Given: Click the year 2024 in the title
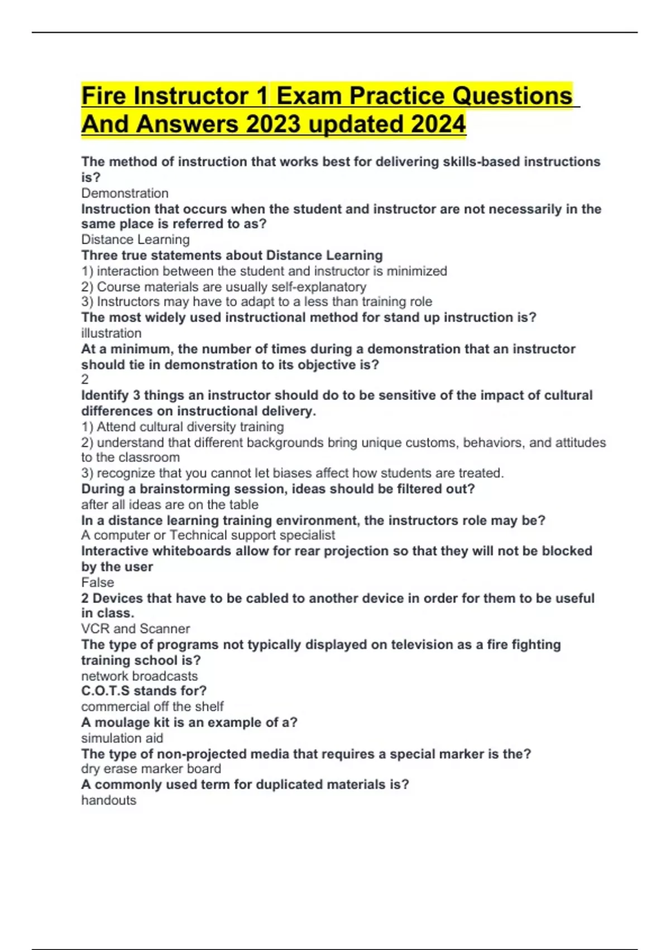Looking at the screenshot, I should tap(438, 124).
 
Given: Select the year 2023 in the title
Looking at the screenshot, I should tap(274, 124).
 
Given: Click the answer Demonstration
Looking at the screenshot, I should tap(125, 193).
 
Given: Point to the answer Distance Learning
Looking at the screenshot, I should tap(135, 240).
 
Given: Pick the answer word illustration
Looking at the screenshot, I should tap(111, 333).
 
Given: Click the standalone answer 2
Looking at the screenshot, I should tap(85, 379).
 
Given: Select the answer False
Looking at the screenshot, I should tap(97, 582).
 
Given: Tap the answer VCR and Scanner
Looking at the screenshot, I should tap(135, 629).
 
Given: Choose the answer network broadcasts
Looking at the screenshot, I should tap(139, 676).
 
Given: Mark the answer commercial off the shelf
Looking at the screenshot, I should tap(152, 706).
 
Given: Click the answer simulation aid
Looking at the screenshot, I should tap(122, 738).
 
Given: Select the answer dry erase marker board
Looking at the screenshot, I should tap(151, 769).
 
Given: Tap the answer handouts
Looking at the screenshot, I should tap(108, 800).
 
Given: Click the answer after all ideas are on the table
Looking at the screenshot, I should tap(170, 505).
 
